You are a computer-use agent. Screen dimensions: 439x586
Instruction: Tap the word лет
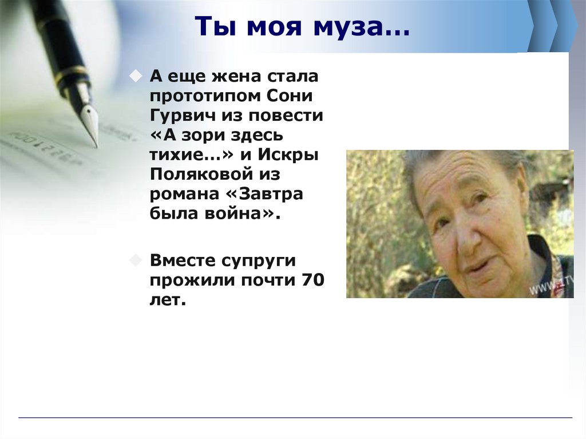pyautogui.click(x=168, y=300)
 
